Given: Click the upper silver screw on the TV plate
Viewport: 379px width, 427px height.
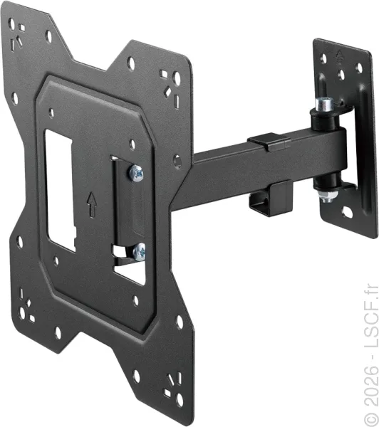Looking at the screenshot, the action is (136, 173).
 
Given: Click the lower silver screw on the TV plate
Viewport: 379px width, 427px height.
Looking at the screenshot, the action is (139, 252).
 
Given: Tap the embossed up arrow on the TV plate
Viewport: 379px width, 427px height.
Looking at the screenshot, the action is (92, 204).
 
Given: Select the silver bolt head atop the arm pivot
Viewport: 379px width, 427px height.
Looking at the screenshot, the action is (324, 103).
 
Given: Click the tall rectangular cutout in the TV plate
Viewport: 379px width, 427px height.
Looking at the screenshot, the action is (61, 190).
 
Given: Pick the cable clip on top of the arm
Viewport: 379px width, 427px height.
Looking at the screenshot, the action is (269, 142).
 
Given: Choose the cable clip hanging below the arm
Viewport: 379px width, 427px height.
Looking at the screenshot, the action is (271, 198).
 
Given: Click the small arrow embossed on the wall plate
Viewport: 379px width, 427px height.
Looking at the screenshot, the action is (339, 56).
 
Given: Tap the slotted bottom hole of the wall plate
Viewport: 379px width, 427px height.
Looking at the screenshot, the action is (347, 212).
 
